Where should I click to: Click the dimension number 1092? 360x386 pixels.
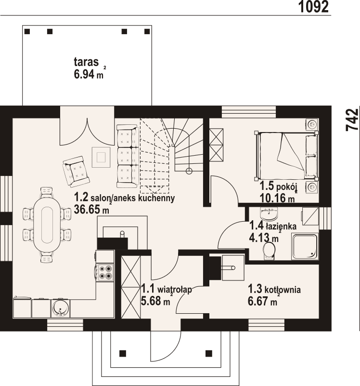click(x=313, y=6)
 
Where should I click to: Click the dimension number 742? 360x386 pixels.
click(x=352, y=120)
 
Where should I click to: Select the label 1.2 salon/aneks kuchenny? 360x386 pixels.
click(x=124, y=198)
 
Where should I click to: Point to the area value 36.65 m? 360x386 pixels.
click(x=91, y=210)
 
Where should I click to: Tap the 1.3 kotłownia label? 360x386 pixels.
click(x=274, y=290)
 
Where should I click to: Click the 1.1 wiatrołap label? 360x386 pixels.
click(x=167, y=290)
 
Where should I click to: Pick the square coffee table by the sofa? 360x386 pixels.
click(x=101, y=157)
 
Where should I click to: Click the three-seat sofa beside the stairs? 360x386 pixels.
click(x=127, y=156)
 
